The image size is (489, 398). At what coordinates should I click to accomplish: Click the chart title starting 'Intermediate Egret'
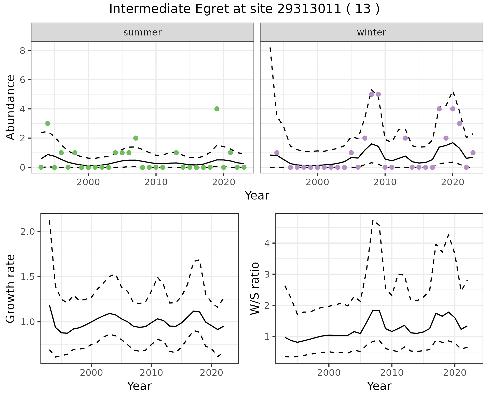tap(244, 9)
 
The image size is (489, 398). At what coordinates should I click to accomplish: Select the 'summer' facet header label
tap(142, 32)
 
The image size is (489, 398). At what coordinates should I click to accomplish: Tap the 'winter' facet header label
tap(371, 32)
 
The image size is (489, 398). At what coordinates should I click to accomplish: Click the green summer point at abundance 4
tap(217, 109)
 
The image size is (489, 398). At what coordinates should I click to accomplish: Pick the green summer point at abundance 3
tap(48, 123)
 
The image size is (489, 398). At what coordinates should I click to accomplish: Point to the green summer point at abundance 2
tap(135, 138)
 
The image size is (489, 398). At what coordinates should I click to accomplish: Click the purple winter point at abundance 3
tap(459, 123)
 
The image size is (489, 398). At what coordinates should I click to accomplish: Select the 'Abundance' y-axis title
tap(10, 107)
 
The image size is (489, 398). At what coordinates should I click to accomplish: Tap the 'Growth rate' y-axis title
tap(10, 289)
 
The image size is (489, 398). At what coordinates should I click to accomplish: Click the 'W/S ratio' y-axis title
tap(255, 289)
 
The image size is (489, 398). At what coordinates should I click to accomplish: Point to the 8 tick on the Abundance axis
tap(23, 51)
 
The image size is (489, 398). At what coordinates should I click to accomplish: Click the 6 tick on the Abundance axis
tap(23, 80)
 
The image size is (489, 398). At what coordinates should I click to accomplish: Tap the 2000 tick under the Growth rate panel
tap(91, 373)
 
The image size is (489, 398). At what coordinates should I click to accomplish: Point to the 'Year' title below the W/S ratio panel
tap(379, 386)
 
